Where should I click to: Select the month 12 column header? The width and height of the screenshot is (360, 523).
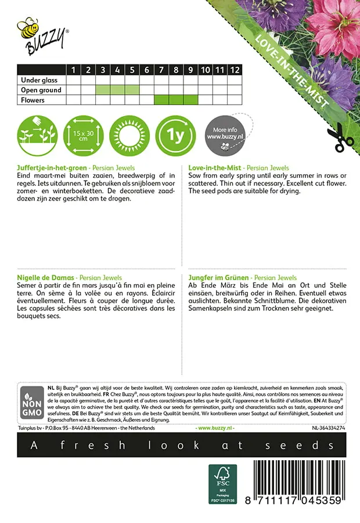(x=234, y=70)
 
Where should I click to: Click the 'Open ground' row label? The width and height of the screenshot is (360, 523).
(x=41, y=90)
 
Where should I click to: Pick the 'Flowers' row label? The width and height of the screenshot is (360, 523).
(x=33, y=100)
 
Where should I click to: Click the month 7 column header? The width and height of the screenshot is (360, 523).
(x=161, y=70)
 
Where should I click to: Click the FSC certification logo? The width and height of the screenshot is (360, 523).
(x=223, y=484)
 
